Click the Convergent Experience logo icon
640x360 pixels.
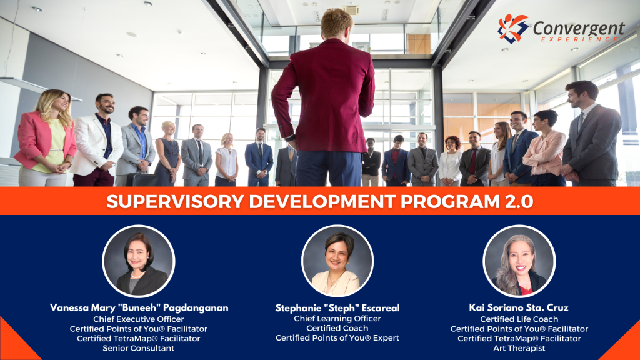[x=513, y=28]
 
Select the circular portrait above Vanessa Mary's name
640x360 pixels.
[x=138, y=261]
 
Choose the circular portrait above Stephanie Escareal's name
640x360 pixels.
[x=337, y=261]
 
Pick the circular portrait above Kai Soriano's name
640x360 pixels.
[x=519, y=261]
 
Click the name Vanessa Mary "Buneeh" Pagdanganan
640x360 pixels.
[x=139, y=307]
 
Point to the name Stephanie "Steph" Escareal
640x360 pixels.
[x=337, y=307]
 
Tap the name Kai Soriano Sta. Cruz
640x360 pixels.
[x=519, y=307]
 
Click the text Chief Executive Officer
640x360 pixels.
[x=139, y=319]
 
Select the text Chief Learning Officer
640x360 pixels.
[x=337, y=319]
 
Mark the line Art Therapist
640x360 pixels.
[x=519, y=349]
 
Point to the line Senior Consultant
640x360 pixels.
[x=139, y=349]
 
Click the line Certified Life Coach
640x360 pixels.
[x=519, y=319]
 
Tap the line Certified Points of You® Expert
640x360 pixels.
[x=337, y=338]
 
